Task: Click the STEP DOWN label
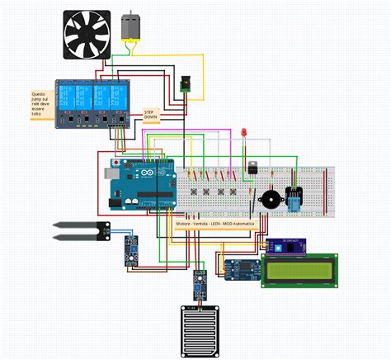point(151,114)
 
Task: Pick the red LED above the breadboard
point(244,134)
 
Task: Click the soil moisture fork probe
point(78,230)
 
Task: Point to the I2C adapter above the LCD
point(285,245)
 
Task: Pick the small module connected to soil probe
point(130,249)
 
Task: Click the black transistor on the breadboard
point(252,168)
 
